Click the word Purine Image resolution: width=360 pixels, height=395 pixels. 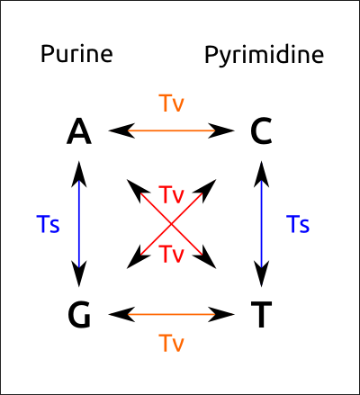76,55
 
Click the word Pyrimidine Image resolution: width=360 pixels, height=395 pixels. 264,56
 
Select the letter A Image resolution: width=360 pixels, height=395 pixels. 79,132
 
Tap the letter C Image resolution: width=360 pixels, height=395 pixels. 261,132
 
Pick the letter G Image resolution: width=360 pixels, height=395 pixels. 79,315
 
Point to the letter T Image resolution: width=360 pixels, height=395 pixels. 261,315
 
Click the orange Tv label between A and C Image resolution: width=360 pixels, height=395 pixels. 171,103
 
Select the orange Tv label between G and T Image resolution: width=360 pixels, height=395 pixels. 171,343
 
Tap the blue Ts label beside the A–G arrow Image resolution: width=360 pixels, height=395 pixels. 49,224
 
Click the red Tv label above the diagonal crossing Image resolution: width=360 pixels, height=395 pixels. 171,194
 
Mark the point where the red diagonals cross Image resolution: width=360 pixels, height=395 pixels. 171,223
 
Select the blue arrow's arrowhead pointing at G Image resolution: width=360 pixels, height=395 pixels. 79,274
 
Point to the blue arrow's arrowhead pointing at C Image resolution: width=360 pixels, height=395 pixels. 261,172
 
